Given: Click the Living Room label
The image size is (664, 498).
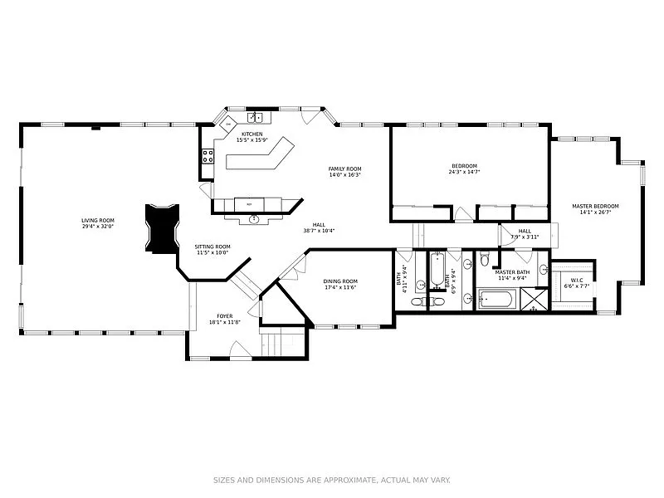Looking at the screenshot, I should (97, 220).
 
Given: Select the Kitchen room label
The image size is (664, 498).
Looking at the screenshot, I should (251, 134).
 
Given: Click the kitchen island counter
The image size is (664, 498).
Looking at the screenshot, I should (257, 156).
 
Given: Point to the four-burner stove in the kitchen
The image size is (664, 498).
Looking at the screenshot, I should (207, 155).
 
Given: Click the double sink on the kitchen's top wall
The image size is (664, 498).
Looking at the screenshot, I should (255, 118).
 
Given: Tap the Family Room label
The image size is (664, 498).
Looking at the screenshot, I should (344, 168).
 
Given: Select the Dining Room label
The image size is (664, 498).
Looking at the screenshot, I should (340, 281).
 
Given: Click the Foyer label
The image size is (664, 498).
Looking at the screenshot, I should (225, 315).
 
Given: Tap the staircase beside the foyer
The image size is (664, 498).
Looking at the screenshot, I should (281, 339).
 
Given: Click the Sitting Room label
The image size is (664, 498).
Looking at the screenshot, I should (212, 247).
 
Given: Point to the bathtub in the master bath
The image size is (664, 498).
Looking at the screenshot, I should (497, 297).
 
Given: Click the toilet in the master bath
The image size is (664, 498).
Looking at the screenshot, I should (485, 261).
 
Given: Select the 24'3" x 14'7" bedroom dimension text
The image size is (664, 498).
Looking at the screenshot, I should (464, 172).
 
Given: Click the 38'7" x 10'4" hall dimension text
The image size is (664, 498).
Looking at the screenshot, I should (319, 230).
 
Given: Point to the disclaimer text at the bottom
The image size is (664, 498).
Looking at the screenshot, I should (332, 480).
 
